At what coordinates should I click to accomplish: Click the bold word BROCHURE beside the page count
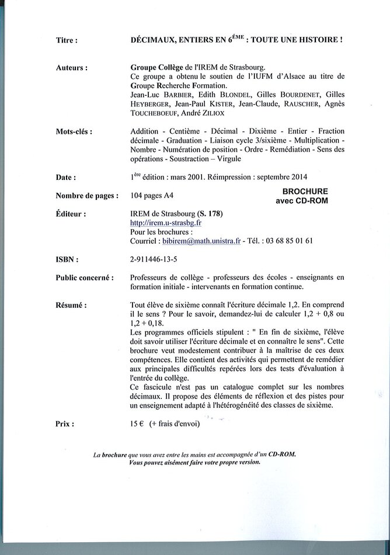click(305, 191)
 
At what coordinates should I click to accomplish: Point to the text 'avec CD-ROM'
click(302, 200)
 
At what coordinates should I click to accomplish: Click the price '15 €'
click(138, 425)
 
